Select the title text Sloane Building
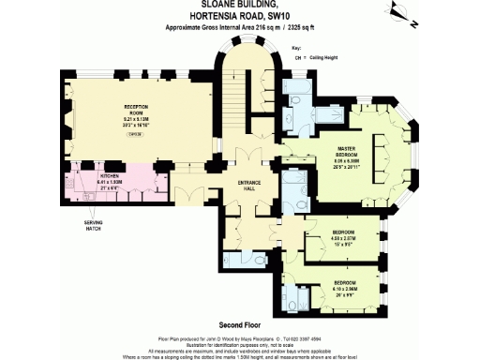point(239,7)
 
